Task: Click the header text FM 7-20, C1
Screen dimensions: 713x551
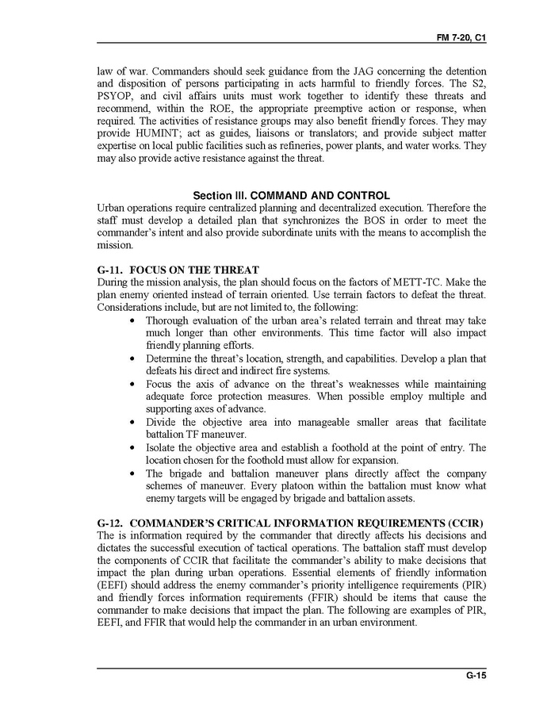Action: pos(460,38)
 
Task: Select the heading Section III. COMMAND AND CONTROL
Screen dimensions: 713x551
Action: pos(291,195)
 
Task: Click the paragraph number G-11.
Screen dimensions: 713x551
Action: pos(109,270)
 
